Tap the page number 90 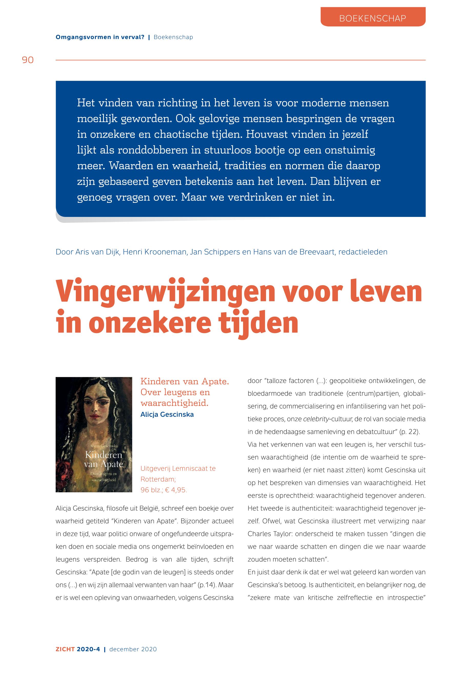[x=28, y=60]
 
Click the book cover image [x=94, y=434]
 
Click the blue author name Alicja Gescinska [x=167, y=414]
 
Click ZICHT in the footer [x=65, y=649]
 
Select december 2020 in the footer [x=133, y=649]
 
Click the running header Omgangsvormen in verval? [x=100, y=37]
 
